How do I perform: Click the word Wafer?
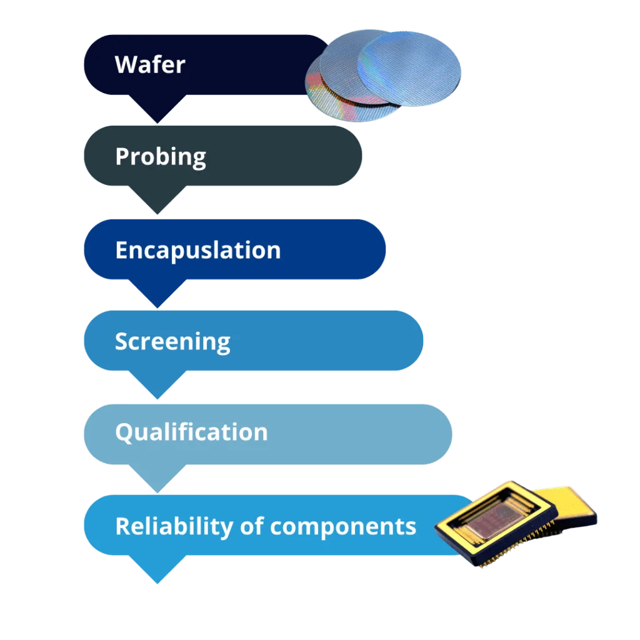150,64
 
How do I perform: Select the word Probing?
161,157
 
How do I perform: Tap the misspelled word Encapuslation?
198,250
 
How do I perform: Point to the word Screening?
172,342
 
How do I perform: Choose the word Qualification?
191,432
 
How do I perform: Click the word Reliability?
174,526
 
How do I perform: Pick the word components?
343,527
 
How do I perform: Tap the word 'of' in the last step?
251,526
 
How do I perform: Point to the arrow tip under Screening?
157,399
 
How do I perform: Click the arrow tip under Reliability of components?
157,583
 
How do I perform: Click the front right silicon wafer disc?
409,69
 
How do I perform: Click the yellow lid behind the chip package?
571,506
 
